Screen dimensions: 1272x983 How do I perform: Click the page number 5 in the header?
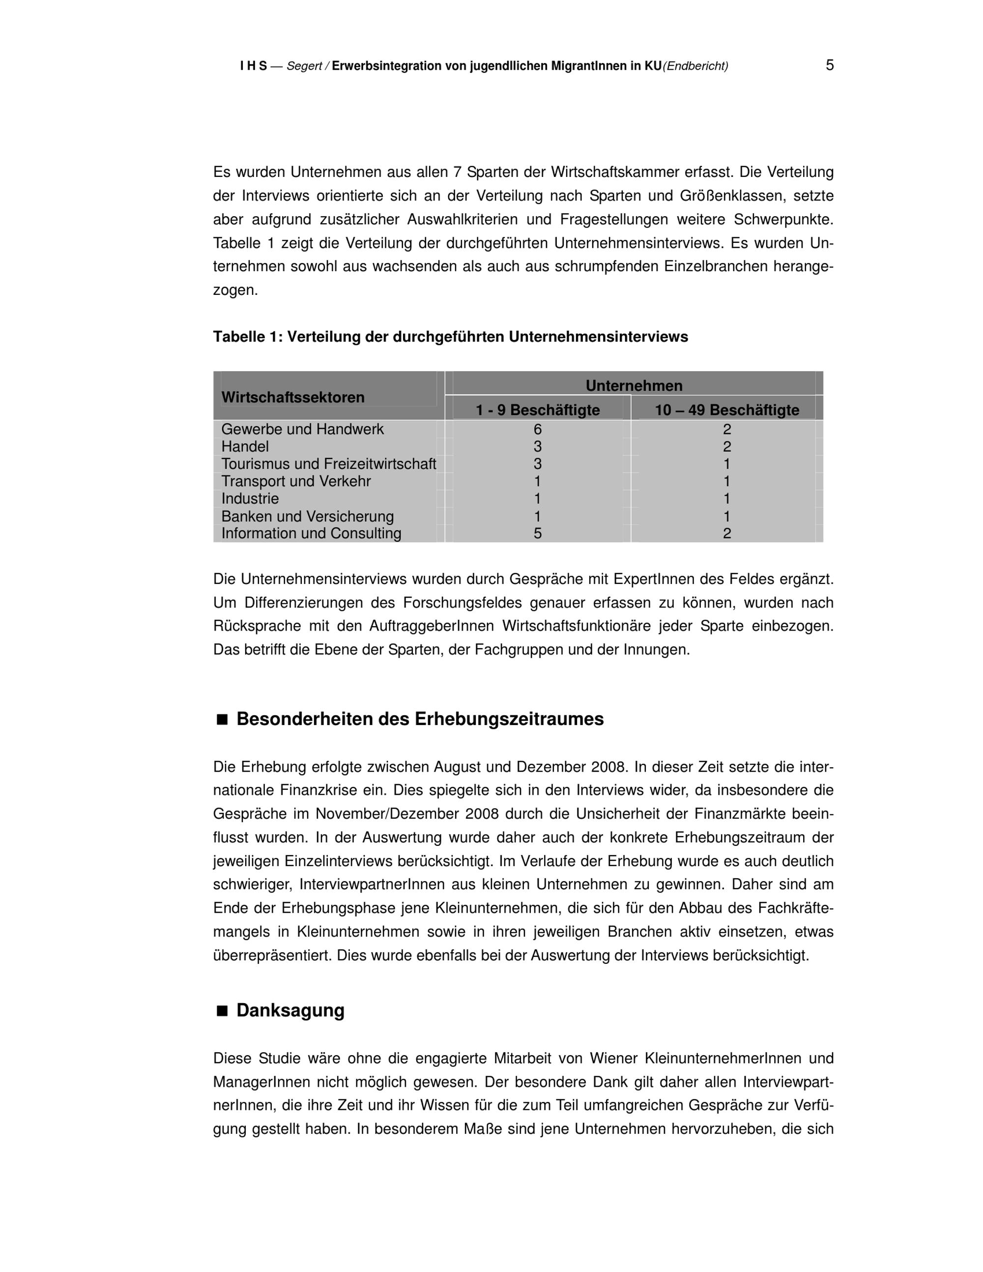829,65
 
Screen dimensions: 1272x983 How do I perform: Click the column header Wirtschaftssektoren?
292,398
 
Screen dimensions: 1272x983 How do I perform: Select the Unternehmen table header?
634,385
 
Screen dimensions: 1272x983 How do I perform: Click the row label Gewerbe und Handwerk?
302,429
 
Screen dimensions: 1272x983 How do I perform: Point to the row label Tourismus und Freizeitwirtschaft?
328,464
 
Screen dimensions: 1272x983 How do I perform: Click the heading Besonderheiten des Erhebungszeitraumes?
419,719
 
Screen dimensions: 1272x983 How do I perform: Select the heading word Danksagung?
290,1011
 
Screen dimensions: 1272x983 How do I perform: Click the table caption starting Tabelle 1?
450,337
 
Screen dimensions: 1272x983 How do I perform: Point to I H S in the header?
253,66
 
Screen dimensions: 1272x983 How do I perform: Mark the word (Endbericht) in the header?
695,66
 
